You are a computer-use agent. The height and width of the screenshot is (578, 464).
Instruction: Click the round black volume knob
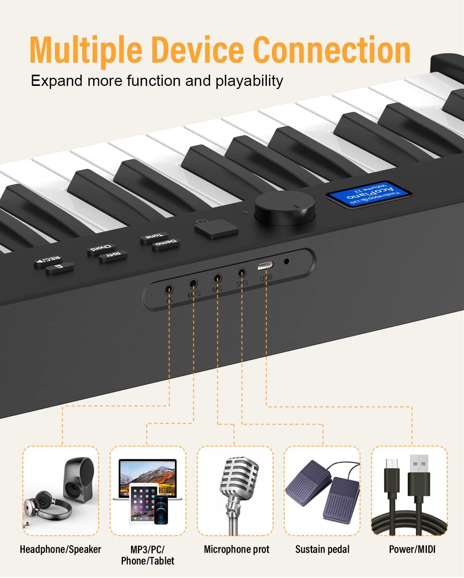284,209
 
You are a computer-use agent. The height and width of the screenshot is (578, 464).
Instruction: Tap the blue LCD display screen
368,193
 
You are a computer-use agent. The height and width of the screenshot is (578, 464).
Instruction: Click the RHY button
114,256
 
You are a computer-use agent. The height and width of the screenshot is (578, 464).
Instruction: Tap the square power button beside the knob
216,228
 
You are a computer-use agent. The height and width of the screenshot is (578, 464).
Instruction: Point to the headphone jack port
169,289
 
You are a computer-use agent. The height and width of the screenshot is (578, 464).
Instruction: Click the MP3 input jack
193,284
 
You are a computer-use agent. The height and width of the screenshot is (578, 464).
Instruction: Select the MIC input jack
217,278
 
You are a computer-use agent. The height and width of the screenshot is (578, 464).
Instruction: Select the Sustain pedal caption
322,549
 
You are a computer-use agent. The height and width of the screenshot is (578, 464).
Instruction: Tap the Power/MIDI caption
412,549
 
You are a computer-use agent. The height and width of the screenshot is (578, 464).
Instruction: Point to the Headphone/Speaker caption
60,549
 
